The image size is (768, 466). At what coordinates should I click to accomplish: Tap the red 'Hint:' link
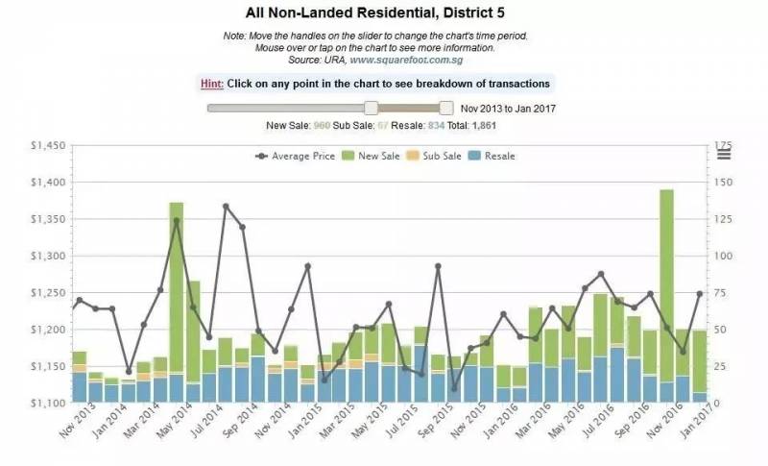[211, 84]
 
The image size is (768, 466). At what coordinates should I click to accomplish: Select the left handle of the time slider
[371, 109]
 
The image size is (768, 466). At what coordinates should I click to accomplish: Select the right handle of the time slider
[445, 109]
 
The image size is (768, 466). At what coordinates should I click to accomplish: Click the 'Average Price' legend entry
[295, 156]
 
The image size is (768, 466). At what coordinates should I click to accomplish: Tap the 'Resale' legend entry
[492, 156]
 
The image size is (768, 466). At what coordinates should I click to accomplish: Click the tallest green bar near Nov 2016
[666, 279]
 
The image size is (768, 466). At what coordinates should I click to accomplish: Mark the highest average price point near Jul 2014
[227, 206]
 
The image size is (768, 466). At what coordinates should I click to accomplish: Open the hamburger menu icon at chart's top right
[724, 153]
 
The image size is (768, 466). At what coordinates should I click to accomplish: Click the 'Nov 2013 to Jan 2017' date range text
[508, 110]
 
